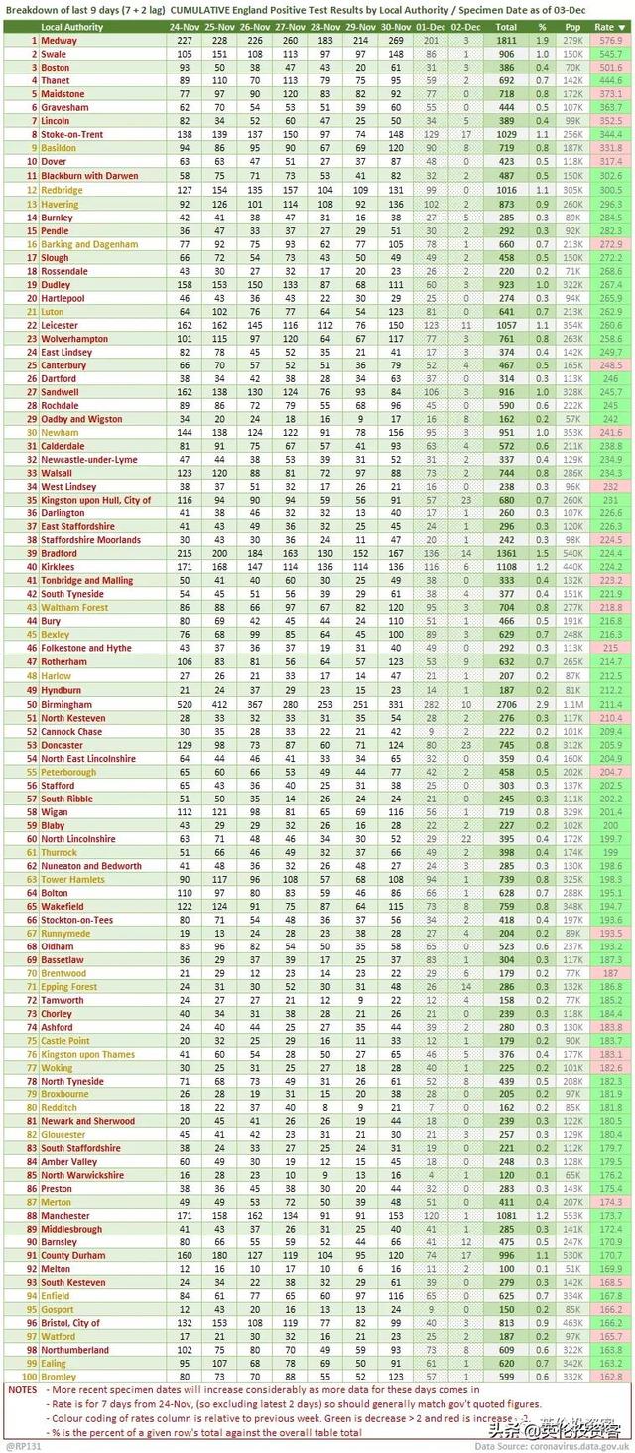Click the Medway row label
coord(59,41)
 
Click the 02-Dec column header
coord(466,27)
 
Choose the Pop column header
coord(572,27)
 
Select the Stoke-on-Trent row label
coord(74,133)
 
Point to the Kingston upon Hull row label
coord(95,500)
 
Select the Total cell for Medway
coord(505,41)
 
